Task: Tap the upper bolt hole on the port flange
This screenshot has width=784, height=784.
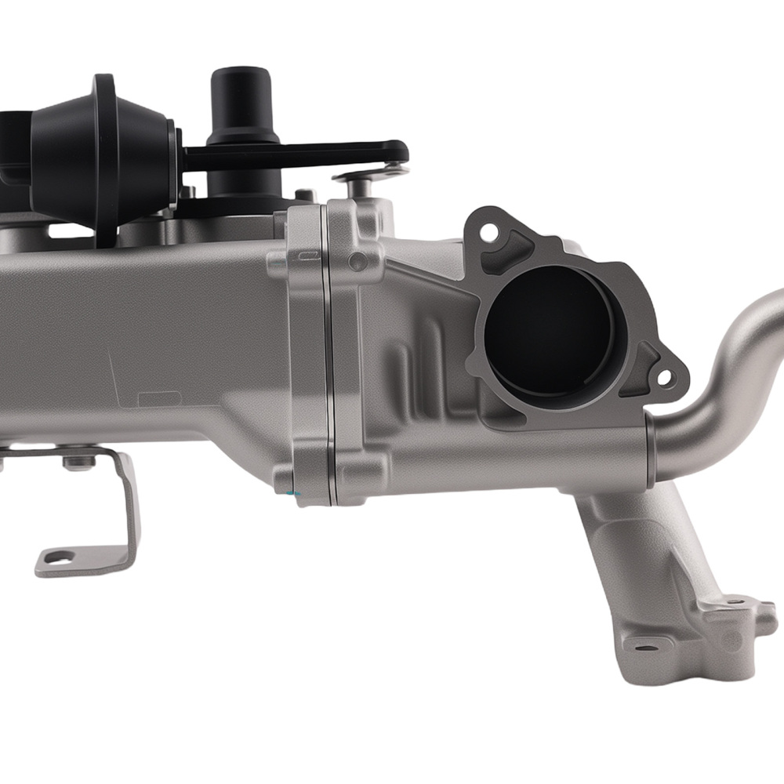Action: click(488, 232)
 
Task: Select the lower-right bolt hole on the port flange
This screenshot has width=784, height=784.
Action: click(664, 379)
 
